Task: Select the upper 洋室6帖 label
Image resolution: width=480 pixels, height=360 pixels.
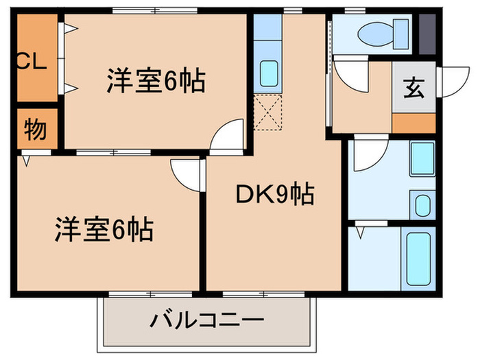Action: coord(156,82)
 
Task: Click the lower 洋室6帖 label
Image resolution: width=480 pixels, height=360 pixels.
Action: coord(104,229)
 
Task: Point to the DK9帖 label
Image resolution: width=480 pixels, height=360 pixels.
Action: coord(275,195)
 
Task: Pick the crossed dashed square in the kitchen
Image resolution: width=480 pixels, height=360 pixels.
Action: coord(267,111)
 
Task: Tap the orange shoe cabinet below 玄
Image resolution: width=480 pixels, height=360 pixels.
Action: coord(413,123)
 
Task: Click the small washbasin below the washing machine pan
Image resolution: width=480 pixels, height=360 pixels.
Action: coord(422,204)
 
